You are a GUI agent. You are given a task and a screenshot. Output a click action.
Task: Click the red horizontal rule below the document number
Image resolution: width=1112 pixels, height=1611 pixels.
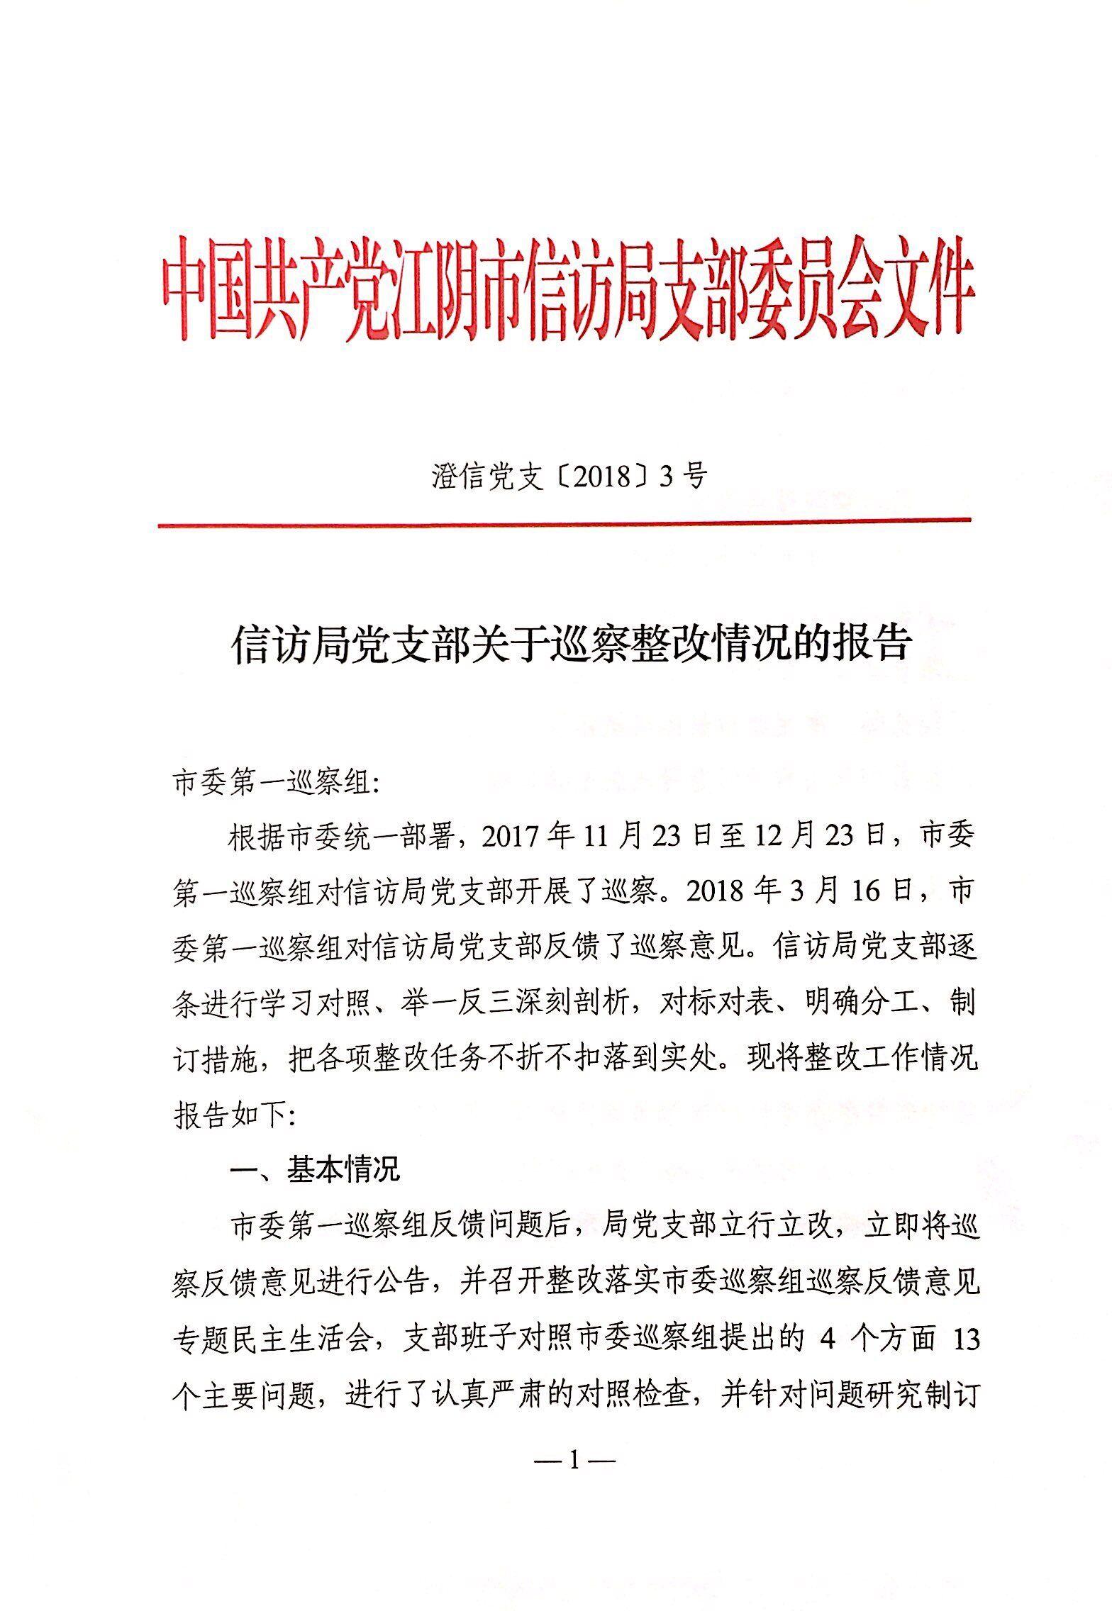click(564, 524)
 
